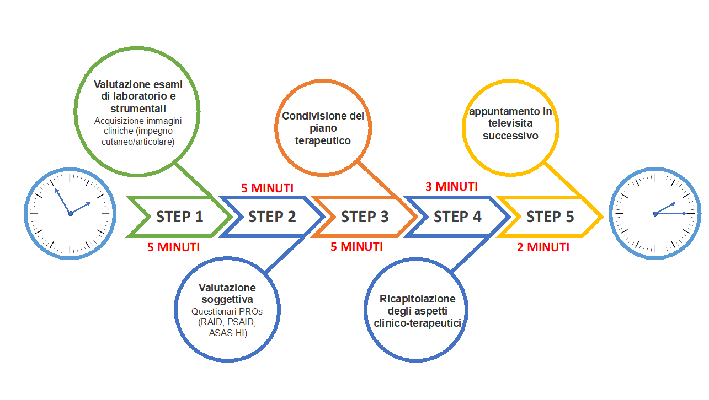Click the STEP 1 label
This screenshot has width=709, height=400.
coord(179,217)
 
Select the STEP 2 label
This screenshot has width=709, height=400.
coord(272,217)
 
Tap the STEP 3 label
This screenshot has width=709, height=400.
coord(365,217)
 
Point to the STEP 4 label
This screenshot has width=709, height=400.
coord(457,217)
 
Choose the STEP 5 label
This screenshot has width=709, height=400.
coord(550,217)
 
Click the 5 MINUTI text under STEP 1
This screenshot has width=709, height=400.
coord(173,247)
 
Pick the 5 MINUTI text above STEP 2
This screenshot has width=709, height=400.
coord(267,188)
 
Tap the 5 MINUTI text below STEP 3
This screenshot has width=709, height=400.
coord(356,246)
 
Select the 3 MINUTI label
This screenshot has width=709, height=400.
coord(451,187)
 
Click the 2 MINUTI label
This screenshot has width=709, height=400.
coord(543,247)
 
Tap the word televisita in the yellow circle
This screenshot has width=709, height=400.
coord(511,124)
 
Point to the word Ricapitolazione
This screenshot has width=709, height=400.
coord(417,299)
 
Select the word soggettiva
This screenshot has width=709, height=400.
coord(227,300)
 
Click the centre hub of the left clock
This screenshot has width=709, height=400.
coord(70,214)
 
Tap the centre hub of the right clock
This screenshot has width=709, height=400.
coord(655,214)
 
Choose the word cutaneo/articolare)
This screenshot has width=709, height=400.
coord(138,142)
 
